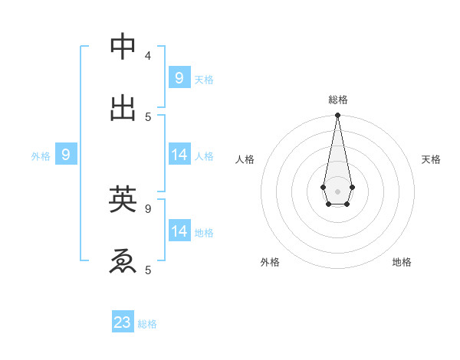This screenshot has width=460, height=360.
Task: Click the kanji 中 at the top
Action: tap(123, 47)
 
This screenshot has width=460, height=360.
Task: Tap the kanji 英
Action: tap(123, 199)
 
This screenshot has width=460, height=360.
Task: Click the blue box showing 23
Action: tap(123, 322)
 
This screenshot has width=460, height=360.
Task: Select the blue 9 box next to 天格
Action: tap(179, 77)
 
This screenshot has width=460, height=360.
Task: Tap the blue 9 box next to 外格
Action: tap(66, 155)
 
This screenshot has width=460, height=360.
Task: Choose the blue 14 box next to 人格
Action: tap(179, 155)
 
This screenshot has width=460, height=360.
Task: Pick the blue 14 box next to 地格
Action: tap(179, 231)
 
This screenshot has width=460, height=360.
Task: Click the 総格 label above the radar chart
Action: tap(338, 100)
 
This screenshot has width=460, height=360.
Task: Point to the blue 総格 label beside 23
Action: tap(147, 324)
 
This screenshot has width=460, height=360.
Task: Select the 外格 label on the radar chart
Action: tap(270, 262)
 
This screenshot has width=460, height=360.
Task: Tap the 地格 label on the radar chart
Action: tap(402, 262)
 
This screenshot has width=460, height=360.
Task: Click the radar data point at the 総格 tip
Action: tap(337, 115)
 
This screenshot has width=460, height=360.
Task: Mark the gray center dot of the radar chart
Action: tap(337, 191)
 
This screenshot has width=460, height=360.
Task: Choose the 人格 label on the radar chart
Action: tap(245, 159)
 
